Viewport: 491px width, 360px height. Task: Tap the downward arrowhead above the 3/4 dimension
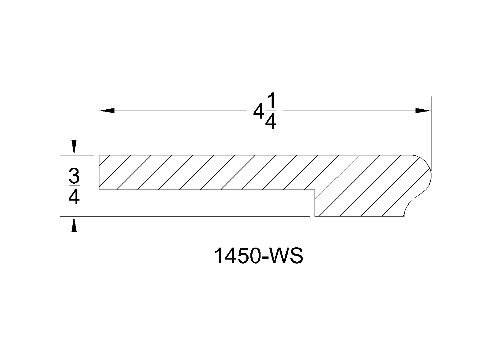coord(74,147)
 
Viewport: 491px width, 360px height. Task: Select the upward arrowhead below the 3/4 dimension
coord(74,224)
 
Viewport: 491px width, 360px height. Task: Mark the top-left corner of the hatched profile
coord(99,155)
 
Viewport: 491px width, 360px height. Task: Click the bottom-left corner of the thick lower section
coord(315,216)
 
